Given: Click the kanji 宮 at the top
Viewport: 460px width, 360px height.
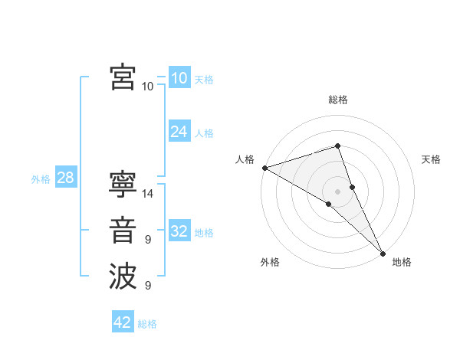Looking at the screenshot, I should click(x=123, y=77).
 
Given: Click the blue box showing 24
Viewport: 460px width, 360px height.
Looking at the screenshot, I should click(x=179, y=132).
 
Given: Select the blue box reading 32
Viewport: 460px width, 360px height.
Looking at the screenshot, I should click(x=179, y=231).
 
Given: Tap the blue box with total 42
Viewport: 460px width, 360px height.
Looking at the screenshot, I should click(x=123, y=322).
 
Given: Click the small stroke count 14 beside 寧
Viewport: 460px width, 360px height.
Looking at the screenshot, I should click(x=148, y=194).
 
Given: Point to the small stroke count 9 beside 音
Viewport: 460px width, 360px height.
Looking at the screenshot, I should click(x=148, y=240).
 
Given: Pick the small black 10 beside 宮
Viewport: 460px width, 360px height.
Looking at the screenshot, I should click(x=148, y=86).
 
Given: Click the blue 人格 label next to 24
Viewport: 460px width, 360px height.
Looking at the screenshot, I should click(x=204, y=133).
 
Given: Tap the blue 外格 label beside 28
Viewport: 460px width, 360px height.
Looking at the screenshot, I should click(x=41, y=179).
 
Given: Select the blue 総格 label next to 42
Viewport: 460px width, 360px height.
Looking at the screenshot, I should click(x=147, y=324).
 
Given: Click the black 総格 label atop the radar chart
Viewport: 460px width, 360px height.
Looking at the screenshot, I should click(x=337, y=100).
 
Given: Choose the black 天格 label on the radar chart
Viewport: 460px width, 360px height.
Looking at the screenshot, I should click(x=432, y=159).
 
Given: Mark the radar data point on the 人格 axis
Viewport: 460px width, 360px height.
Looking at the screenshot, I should click(x=264, y=168).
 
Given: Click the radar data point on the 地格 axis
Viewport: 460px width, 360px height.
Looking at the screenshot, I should click(x=383, y=251).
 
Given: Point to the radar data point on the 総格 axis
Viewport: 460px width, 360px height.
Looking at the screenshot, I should click(x=337, y=146).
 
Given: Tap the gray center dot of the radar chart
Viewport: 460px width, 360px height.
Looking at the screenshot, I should click(x=337, y=190).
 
